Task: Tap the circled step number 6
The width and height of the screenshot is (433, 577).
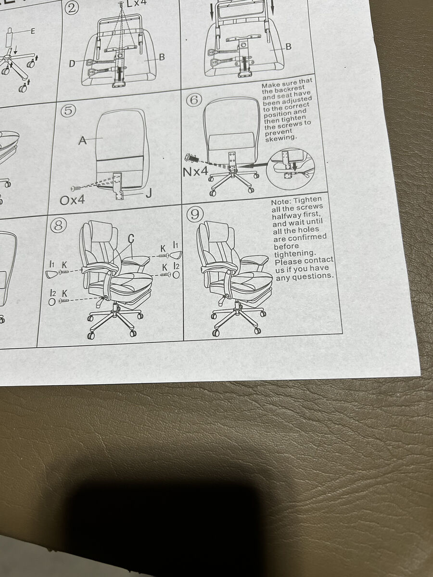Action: [194, 100]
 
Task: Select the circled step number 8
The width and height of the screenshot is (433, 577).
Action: [58, 226]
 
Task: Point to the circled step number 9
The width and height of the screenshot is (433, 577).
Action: [195, 215]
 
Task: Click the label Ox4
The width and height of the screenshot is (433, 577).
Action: [72, 201]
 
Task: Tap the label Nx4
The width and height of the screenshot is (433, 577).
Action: [195, 172]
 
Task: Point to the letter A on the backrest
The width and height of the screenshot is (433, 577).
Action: [83, 140]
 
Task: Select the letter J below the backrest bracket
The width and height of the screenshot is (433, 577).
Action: [149, 194]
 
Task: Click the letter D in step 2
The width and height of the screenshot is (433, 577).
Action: [72, 63]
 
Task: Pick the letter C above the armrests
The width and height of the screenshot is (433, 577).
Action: [131, 238]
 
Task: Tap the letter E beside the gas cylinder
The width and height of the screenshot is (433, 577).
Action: [33, 31]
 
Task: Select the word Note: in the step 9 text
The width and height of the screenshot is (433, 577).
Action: [281, 202]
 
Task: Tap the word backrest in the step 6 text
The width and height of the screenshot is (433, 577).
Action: [288, 88]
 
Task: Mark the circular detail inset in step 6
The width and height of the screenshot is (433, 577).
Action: [290, 169]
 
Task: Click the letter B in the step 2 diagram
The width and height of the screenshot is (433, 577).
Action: [162, 57]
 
